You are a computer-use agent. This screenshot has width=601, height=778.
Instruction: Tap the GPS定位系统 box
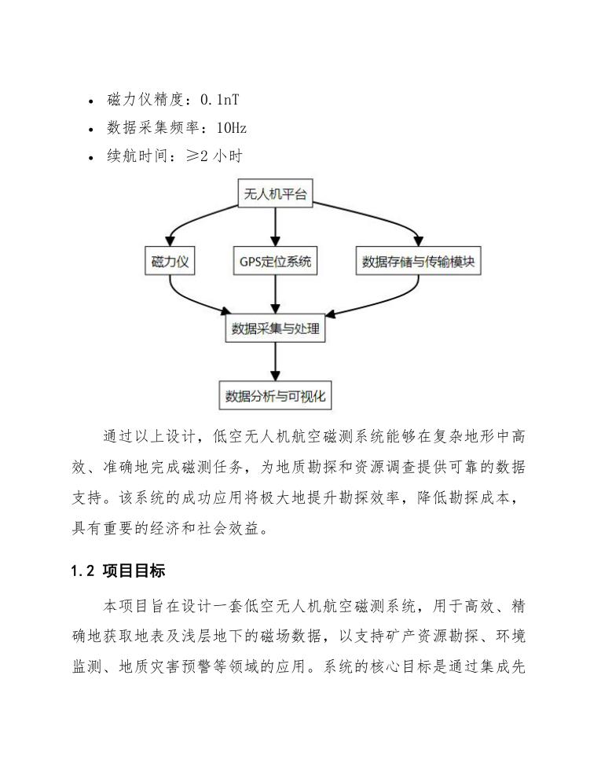pyautogui.click(x=274, y=262)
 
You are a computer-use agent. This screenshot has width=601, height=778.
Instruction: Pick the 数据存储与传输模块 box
pyautogui.click(x=418, y=262)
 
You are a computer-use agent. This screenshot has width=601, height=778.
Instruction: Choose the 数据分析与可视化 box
pyautogui.click(x=274, y=395)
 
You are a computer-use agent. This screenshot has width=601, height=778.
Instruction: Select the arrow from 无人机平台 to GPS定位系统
pyautogui.click(x=274, y=228)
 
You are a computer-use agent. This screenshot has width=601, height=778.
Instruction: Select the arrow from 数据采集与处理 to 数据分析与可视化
pyautogui.click(x=274, y=362)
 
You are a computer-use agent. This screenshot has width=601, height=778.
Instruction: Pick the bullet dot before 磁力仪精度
pyautogui.click(x=93, y=101)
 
